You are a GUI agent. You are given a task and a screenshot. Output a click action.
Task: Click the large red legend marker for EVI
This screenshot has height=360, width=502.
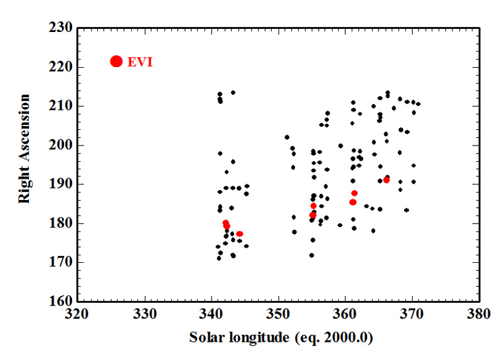click(x=116, y=61)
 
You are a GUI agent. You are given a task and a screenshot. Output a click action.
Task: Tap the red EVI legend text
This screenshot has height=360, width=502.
click(x=140, y=61)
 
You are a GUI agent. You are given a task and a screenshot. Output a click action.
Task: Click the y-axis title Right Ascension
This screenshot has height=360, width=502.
click(x=24, y=149)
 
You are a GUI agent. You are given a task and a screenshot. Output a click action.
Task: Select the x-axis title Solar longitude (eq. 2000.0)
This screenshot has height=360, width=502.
click(x=281, y=338)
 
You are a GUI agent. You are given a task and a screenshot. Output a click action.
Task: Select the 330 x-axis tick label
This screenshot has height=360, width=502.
click(x=146, y=313)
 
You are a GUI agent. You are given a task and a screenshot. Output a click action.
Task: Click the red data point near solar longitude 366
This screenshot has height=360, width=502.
click(x=387, y=180)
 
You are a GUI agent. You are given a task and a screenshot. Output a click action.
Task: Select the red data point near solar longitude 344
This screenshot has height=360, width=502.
click(x=240, y=234)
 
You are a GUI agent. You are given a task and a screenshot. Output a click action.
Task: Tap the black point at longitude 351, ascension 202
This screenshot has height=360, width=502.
click(x=287, y=137)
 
